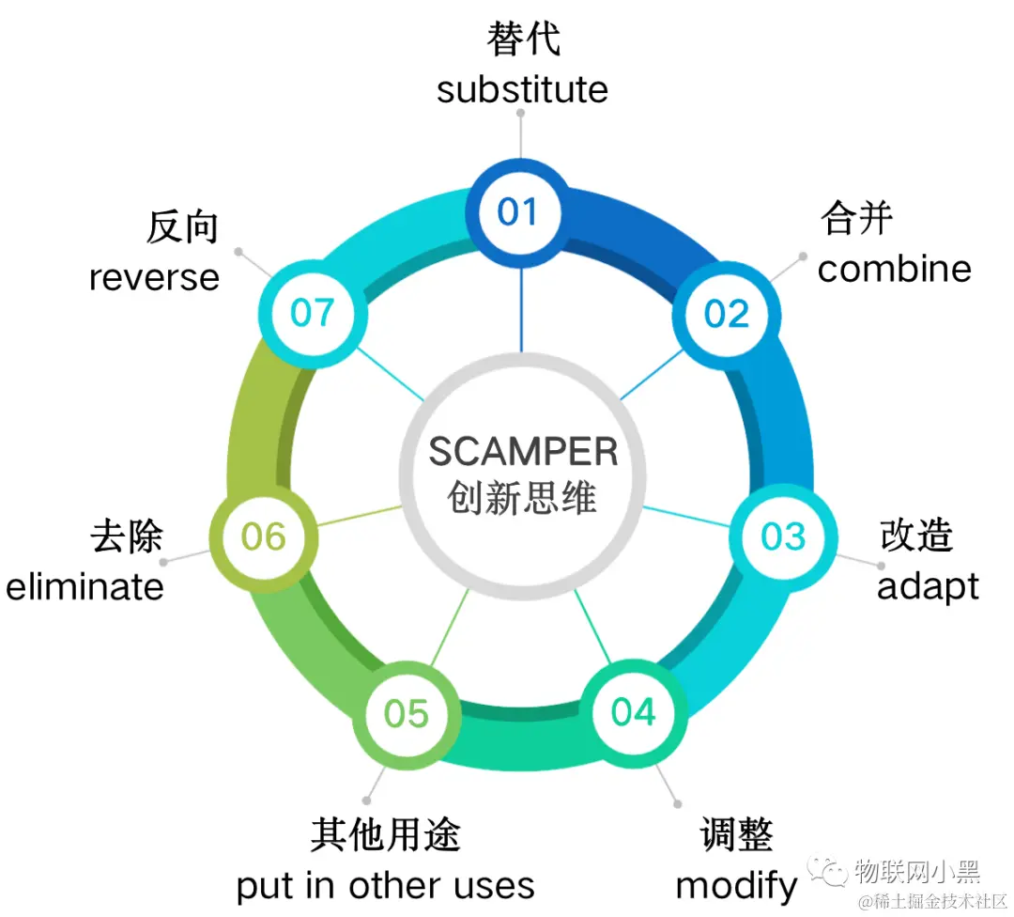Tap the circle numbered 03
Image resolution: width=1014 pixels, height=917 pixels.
click(783, 536)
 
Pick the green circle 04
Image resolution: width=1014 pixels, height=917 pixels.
click(634, 712)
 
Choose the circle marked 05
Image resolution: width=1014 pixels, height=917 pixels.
click(407, 714)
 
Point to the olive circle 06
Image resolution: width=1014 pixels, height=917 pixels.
click(263, 536)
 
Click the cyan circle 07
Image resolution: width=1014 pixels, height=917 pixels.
click(313, 312)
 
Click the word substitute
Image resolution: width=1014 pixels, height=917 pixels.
click(522, 90)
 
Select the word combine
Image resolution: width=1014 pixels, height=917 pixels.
click(894, 269)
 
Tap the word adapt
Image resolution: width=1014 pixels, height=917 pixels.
click(928, 586)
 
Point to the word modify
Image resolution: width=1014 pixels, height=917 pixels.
click(736, 885)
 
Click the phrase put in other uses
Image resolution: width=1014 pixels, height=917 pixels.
click(385, 885)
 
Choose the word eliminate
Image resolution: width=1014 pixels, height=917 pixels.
click(85, 586)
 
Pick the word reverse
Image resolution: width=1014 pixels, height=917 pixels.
click(154, 277)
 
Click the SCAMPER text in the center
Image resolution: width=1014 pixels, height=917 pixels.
click(523, 452)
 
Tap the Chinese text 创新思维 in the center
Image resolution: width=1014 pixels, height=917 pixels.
click(522, 497)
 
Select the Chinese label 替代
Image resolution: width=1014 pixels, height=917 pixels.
click(523, 40)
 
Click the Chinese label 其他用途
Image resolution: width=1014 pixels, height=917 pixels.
click(385, 834)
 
